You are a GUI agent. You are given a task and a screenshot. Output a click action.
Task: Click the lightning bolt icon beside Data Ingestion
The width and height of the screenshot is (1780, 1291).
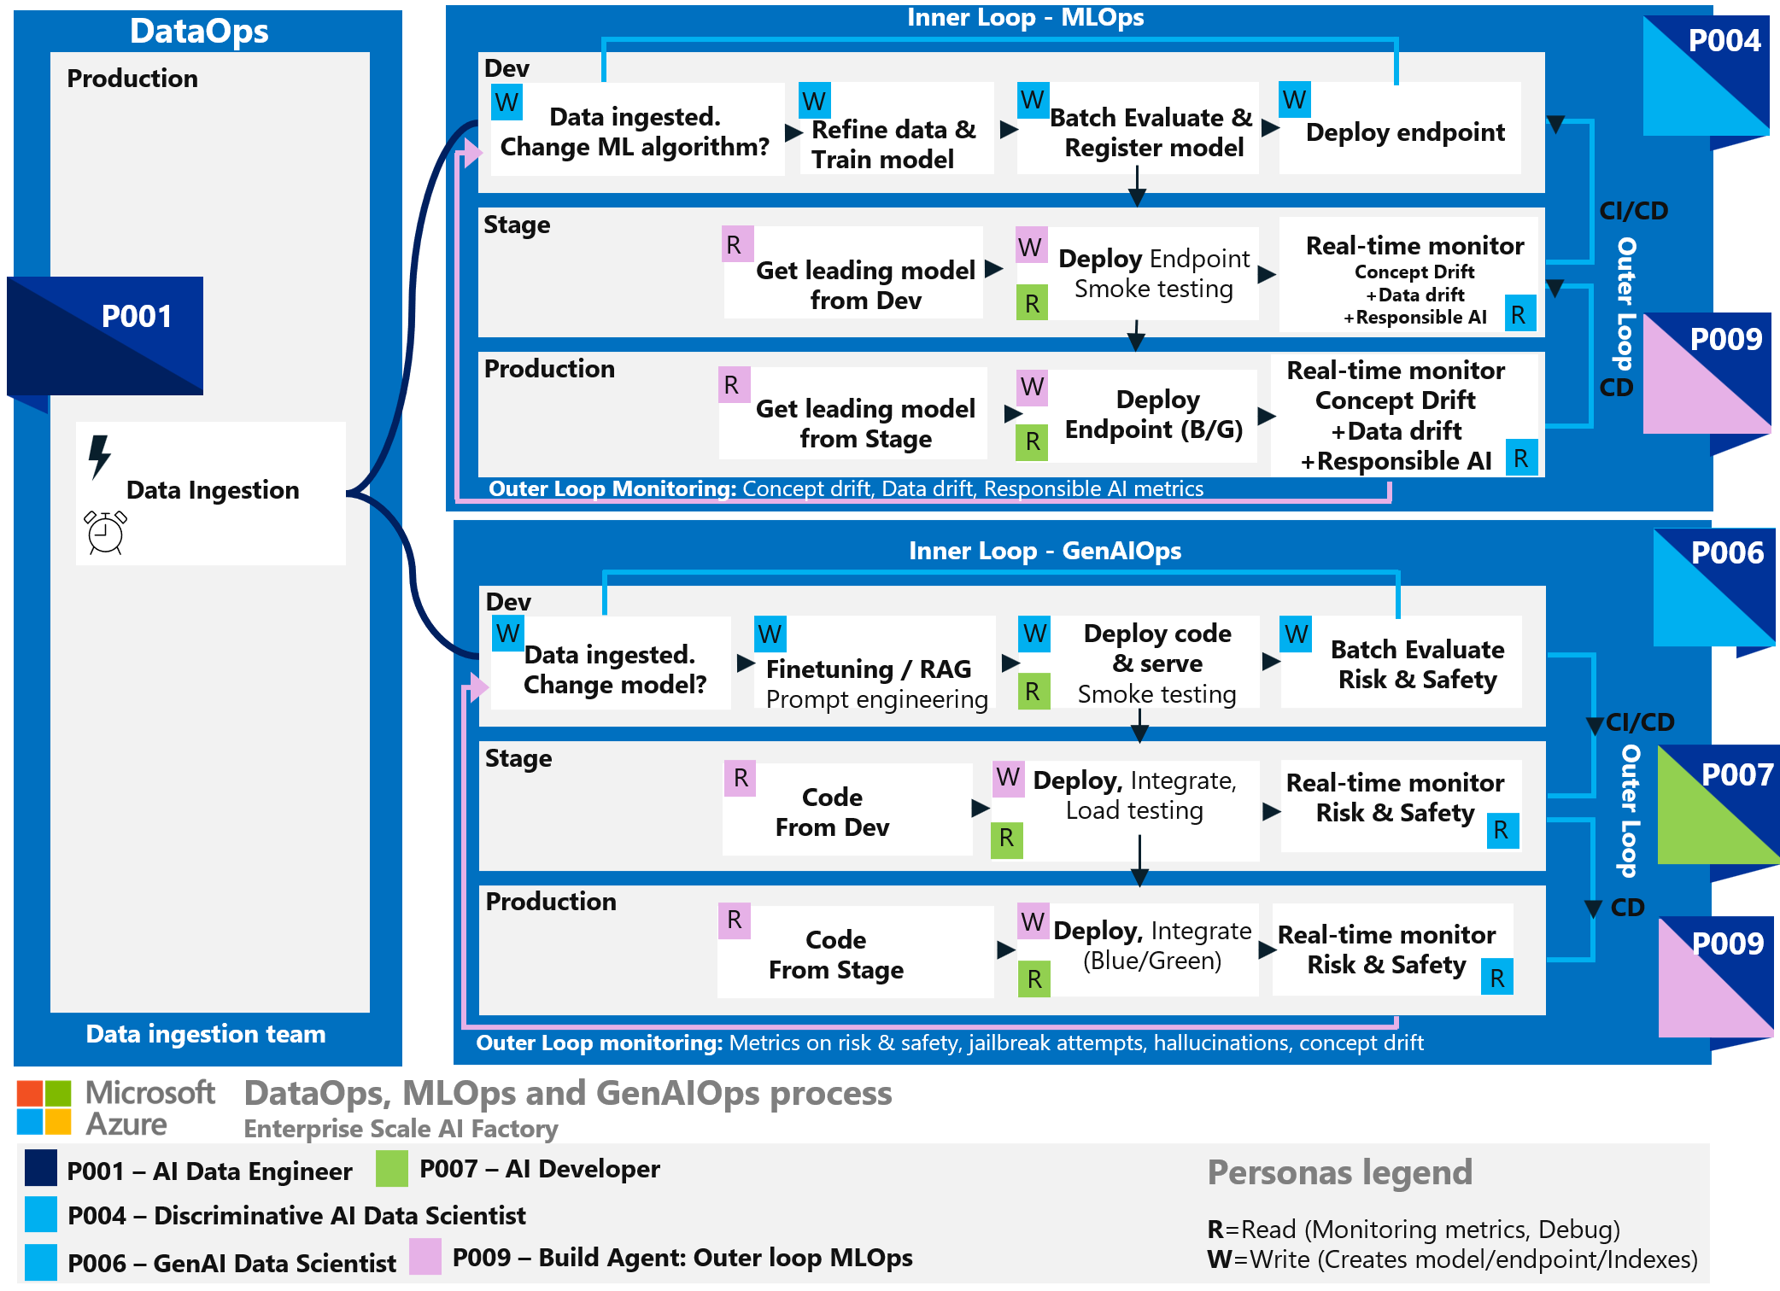[100, 456]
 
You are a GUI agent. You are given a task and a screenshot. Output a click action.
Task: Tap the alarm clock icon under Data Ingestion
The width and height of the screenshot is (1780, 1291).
[106, 532]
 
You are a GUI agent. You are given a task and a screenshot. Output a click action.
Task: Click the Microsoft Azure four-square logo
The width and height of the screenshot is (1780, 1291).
[44, 1107]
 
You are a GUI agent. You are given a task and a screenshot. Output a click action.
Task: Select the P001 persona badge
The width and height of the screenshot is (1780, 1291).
[106, 336]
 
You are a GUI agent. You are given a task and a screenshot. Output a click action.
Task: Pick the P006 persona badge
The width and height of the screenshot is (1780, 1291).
[1714, 588]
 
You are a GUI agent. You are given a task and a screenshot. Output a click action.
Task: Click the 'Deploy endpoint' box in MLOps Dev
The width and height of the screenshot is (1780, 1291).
[1401, 130]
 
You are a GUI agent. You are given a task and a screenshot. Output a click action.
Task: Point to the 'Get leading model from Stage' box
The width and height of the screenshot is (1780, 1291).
[854, 415]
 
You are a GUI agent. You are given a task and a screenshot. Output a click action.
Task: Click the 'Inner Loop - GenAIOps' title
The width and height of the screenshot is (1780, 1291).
[1044, 551]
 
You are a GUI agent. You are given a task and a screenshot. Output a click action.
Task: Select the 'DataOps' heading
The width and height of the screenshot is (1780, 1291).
[199, 32]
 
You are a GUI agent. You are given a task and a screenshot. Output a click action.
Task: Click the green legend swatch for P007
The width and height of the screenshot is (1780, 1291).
[392, 1169]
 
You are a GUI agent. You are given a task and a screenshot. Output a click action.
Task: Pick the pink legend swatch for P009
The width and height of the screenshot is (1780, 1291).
[425, 1256]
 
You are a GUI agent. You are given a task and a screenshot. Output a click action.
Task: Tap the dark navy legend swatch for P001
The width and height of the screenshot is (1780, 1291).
[41, 1168]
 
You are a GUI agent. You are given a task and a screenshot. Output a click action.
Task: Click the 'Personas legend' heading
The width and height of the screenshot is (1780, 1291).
[1339, 1172]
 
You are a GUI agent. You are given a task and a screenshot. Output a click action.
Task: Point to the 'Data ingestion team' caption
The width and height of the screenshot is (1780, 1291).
[206, 1034]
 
